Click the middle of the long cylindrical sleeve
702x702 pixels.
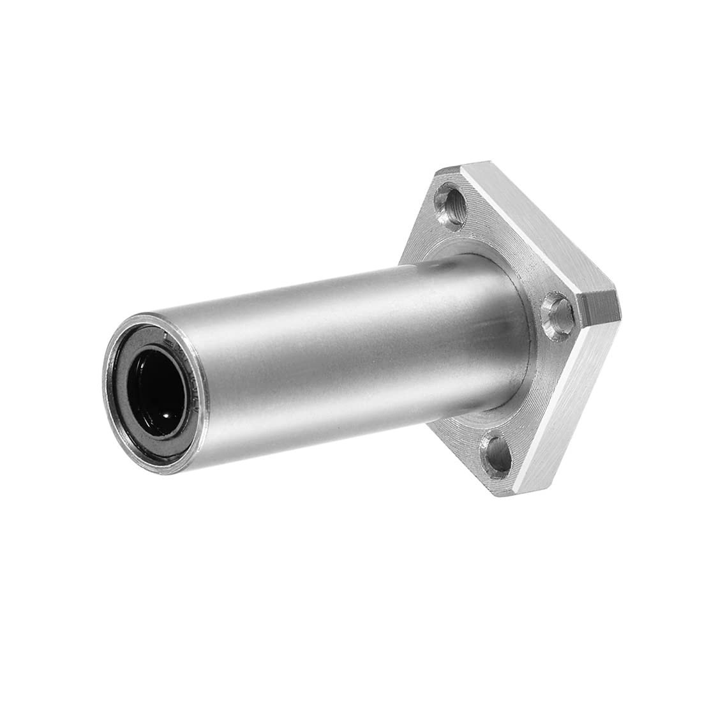click(306, 357)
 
